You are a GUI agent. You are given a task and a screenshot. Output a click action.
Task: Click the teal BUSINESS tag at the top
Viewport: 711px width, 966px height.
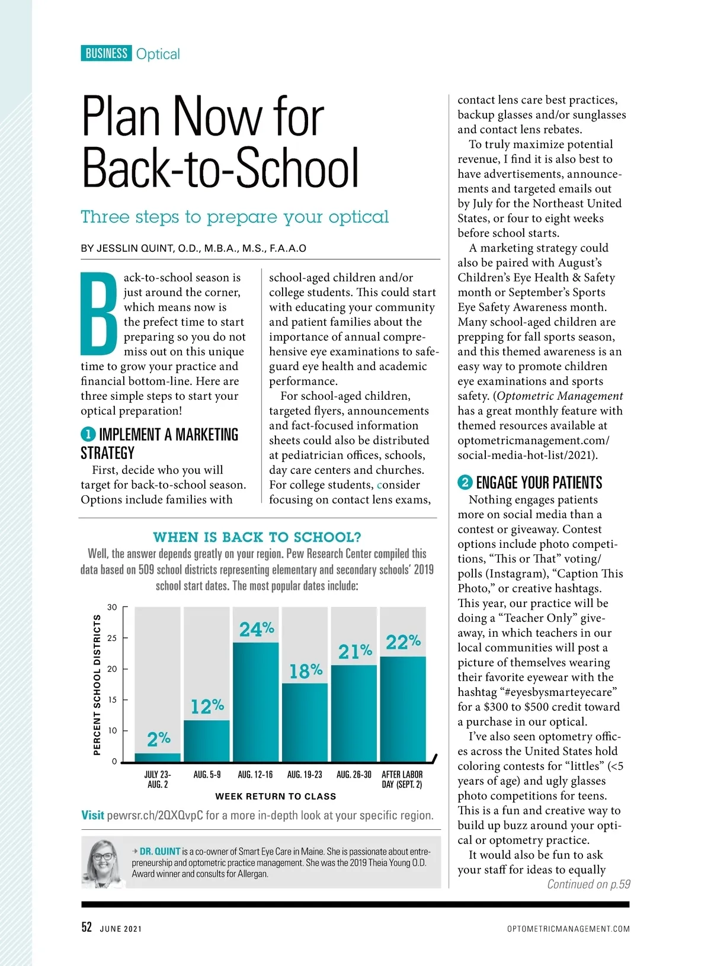106,53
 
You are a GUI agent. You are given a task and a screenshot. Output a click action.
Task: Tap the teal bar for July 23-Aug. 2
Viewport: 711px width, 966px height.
158,758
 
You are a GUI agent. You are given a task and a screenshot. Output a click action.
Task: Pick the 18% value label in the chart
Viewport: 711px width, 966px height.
306,671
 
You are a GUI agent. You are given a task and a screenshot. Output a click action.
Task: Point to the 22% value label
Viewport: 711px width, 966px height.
403,642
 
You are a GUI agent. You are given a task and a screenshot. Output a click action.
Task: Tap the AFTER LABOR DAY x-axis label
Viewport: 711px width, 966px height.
402,779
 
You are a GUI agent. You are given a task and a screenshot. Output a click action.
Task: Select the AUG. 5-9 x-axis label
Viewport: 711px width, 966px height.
207,775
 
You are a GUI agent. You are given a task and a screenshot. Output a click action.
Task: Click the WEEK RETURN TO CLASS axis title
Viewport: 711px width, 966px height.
276,797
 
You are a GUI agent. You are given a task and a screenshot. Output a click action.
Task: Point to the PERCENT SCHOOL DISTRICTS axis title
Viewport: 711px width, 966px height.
97,685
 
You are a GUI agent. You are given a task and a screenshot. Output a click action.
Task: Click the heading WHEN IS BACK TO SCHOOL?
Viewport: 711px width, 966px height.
257,537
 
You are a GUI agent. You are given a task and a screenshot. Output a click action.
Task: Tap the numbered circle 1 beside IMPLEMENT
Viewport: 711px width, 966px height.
88,435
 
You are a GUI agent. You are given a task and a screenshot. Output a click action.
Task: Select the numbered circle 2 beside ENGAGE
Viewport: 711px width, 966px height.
465,483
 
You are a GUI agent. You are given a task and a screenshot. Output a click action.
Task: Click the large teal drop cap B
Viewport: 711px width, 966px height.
99,313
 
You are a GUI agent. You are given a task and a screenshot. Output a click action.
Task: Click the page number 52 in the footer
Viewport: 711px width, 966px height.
87,928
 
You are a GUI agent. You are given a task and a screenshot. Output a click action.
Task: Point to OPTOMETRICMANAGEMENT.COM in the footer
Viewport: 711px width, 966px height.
568,929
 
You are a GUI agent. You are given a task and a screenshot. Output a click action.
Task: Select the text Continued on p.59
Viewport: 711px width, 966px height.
588,884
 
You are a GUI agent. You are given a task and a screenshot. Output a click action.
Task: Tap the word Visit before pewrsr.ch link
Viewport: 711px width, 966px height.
92,816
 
